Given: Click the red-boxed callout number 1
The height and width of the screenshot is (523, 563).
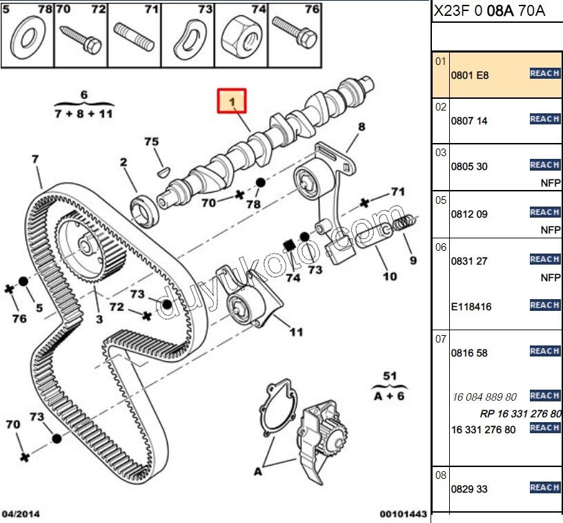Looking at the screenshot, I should pos(233,102).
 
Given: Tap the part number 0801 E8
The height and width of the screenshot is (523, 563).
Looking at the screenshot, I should pos(469,75).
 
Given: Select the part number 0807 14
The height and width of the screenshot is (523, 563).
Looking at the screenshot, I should pos(469,120).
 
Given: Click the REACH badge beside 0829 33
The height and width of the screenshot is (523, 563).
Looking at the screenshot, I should pos(544,488).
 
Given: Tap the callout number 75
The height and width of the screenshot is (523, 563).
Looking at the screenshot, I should pos(152,142).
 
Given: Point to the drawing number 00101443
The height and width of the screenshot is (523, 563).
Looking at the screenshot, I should pos(403,514).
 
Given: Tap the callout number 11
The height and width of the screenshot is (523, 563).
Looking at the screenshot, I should pos(297,332).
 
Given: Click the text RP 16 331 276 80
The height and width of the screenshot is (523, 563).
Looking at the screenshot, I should pos(521,414).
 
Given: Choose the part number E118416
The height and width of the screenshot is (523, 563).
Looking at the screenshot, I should pos(471,306).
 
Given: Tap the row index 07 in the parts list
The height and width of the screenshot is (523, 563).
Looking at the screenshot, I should pos(440,339).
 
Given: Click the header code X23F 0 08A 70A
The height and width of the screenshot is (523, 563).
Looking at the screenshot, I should pos(488,12).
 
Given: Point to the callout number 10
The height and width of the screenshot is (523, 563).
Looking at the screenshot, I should pos(390,276).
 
